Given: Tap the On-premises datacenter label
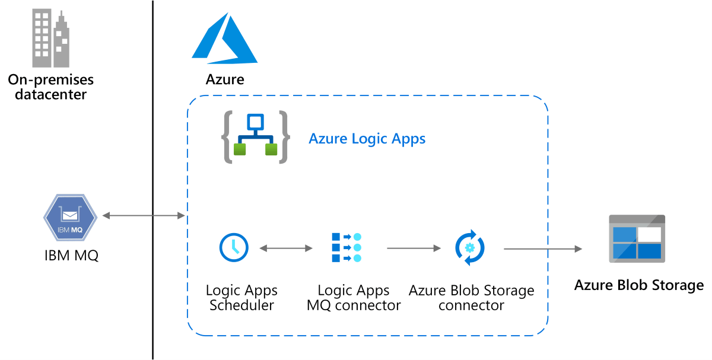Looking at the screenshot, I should [50, 87].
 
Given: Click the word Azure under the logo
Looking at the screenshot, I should [224, 79].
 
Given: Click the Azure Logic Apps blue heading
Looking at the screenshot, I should [367, 139].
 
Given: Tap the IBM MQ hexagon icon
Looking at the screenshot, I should [70, 218].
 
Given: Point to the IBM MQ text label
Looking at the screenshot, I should [70, 256].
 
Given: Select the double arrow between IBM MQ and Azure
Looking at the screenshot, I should [144, 216].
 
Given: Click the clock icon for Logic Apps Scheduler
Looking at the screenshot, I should [234, 247].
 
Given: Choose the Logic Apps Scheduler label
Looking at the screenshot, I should [241, 298].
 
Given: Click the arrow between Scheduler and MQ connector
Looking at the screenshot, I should [285, 248].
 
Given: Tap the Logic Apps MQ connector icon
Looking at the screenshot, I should [346, 247].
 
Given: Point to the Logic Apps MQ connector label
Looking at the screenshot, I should [354, 298].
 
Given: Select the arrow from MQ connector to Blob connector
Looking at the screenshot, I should [413, 249].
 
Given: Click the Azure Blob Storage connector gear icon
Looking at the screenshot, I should [470, 247].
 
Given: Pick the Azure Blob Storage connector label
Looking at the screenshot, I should [471, 298].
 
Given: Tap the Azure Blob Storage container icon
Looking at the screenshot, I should [637, 238].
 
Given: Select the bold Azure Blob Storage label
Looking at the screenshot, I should [638, 285].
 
